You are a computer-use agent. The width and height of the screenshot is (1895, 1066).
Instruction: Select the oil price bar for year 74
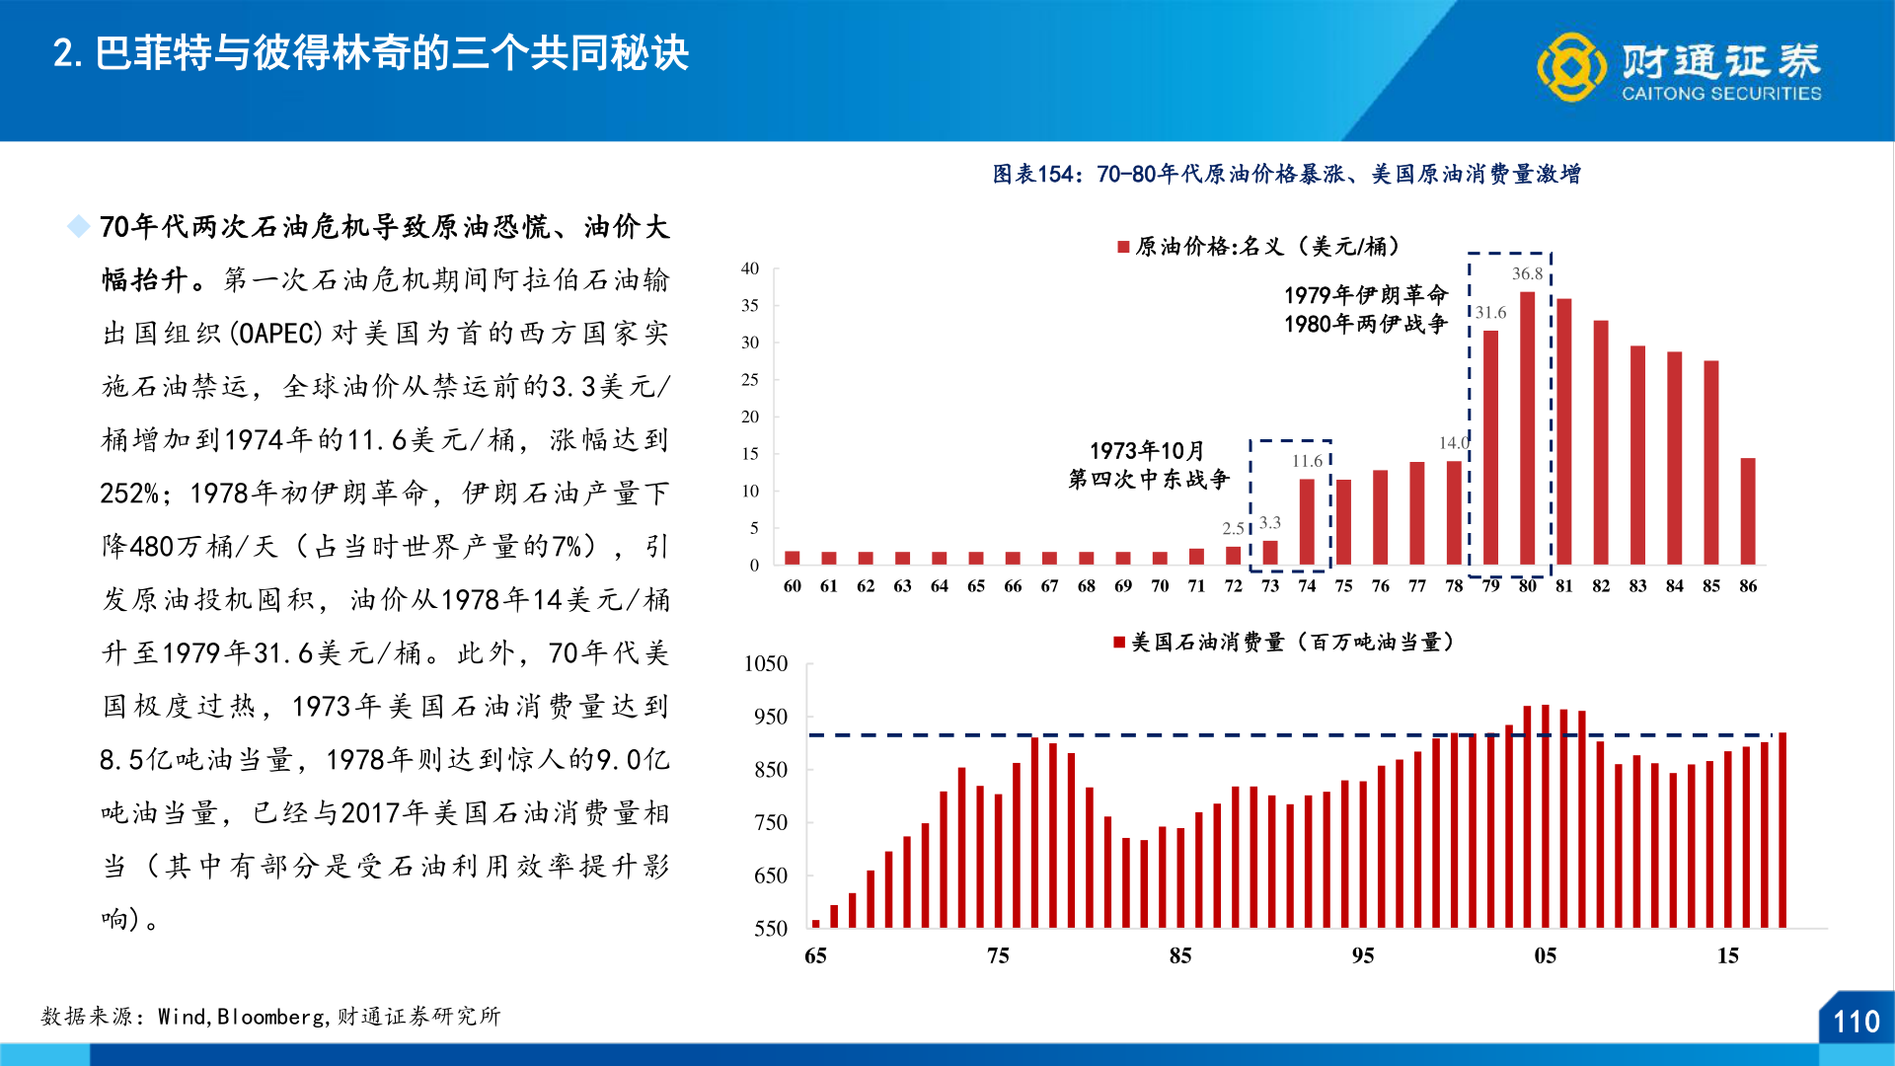[x=1307, y=521]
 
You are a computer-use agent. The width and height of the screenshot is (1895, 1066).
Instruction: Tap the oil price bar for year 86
[x=1748, y=511]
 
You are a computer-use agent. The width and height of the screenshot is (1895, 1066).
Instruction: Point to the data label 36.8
[x=1527, y=274]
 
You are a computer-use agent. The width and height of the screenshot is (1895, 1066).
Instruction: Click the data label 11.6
[x=1307, y=461]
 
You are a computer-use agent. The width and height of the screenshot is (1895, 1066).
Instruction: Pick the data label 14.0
[x=1453, y=443]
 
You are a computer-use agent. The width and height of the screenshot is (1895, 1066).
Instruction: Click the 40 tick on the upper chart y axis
[x=750, y=268]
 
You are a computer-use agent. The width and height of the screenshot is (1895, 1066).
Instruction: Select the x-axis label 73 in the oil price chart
[x=1270, y=586]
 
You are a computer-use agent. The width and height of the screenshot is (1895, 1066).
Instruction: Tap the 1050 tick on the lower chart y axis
[x=766, y=663]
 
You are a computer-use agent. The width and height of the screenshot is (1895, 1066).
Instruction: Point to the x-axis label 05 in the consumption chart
[x=1545, y=955]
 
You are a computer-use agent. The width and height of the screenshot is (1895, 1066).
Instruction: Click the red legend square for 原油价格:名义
[x=1123, y=247]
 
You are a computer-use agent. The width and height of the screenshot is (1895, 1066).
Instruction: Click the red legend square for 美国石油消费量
[x=1119, y=643]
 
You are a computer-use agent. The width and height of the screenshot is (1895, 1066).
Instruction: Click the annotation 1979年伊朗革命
[x=1365, y=295]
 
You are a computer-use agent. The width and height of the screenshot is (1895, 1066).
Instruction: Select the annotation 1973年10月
[x=1147, y=451]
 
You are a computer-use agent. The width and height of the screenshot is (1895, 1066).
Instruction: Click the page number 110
[x=1856, y=1022]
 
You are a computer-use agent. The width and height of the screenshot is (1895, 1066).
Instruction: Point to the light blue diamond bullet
[x=78, y=227]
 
